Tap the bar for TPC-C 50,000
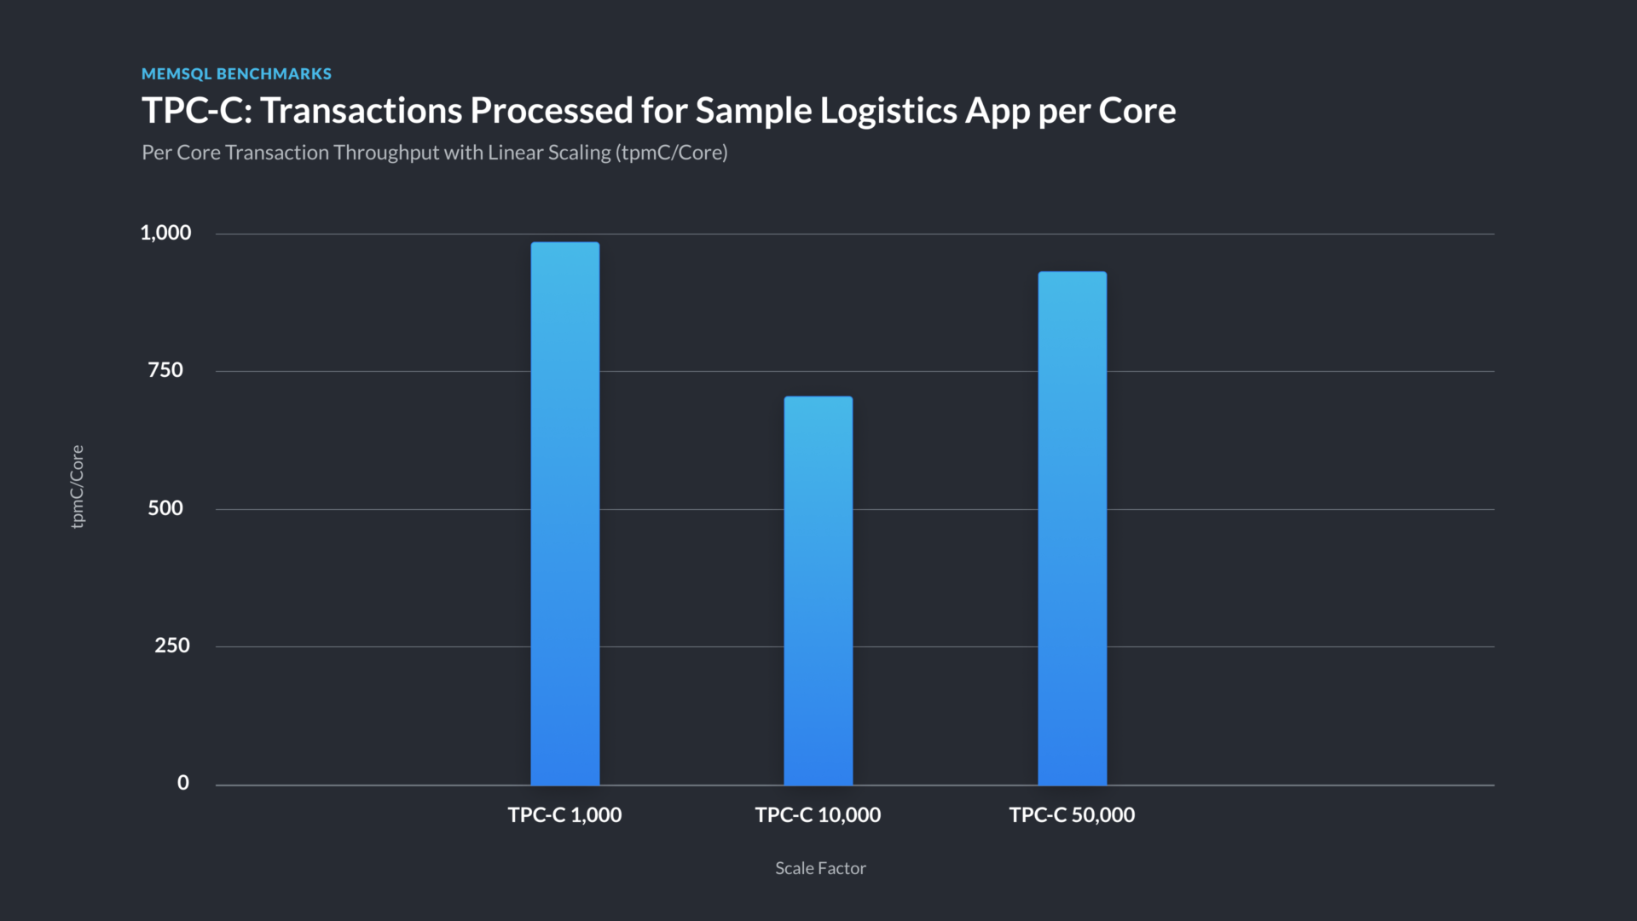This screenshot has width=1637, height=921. coord(1072,528)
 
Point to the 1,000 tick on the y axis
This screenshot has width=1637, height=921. coord(165,233)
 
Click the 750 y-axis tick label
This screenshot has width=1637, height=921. coord(165,370)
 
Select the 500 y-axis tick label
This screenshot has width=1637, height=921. coord(165,508)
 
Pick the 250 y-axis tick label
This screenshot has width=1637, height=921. coord(171,646)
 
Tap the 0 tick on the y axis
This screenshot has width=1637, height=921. coord(182,783)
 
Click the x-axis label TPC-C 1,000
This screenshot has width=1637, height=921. coord(564,815)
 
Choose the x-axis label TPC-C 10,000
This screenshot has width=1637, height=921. coord(818,815)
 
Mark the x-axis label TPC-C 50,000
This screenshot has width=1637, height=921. coord(1072,815)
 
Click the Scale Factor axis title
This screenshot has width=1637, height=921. coord(820,868)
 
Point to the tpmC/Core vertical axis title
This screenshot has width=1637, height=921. coord(78,486)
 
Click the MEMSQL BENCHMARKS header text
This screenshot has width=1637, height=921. coord(236,74)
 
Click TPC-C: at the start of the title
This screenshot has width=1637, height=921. coord(197,111)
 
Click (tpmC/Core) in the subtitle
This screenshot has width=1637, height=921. coord(672,153)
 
